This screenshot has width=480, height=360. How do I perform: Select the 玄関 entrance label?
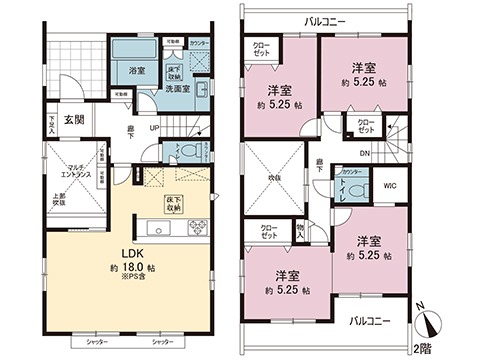[x=76, y=120]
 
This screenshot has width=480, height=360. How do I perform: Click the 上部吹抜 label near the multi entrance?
[x=57, y=199]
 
